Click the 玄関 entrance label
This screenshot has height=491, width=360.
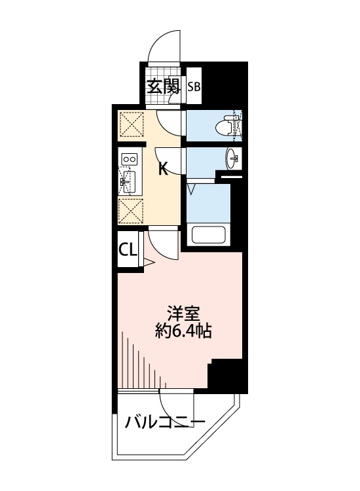click(x=164, y=86)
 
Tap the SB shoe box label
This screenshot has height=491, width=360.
click(x=194, y=86)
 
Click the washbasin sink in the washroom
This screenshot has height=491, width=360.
click(x=232, y=158)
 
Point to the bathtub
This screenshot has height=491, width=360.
click(x=209, y=235)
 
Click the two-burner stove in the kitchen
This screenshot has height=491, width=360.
click(x=130, y=159)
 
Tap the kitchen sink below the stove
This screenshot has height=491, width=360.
click(x=128, y=181)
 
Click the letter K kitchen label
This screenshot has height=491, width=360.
click(x=163, y=170)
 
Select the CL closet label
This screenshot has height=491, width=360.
click(x=128, y=250)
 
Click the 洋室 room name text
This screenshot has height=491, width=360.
click(x=184, y=314)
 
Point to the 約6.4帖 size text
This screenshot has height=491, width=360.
click(x=183, y=331)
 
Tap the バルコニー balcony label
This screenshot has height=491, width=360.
click(x=165, y=422)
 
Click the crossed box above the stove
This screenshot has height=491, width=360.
click(x=132, y=124)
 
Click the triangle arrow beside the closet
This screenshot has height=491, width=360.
click(x=149, y=263)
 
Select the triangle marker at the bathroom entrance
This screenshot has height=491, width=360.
click(x=191, y=189)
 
